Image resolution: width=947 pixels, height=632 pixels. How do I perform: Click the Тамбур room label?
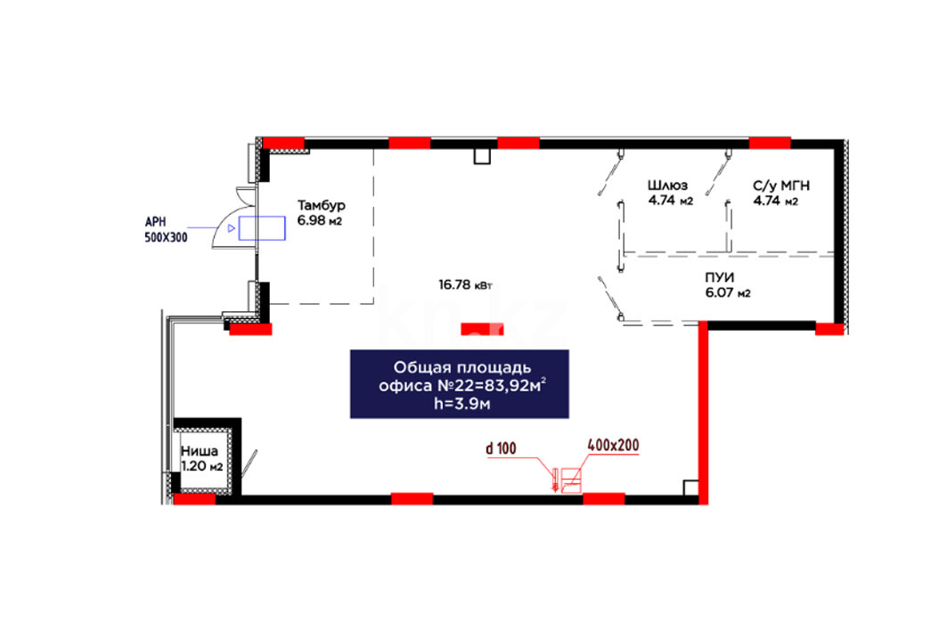pyautogui.click(x=322, y=205)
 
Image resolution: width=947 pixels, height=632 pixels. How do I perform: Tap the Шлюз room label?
pyautogui.click(x=667, y=185)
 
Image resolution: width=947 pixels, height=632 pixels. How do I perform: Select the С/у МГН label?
pyautogui.click(x=781, y=185)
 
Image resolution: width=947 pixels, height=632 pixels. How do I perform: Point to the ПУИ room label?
pyautogui.click(x=719, y=277)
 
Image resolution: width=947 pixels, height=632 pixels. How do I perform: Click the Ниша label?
pyautogui.click(x=200, y=451)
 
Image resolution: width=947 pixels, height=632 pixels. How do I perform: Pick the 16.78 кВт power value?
pyautogui.click(x=465, y=284)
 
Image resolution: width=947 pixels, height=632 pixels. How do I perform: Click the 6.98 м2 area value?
pyautogui.click(x=320, y=220)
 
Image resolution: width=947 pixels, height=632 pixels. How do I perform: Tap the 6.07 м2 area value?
pyautogui.click(x=728, y=293)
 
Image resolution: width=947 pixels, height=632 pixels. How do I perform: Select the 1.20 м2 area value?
pyautogui.click(x=201, y=466)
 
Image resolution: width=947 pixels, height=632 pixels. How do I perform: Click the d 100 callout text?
pyautogui.click(x=502, y=448)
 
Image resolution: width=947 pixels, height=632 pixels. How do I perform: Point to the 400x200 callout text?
pyautogui.click(x=613, y=446)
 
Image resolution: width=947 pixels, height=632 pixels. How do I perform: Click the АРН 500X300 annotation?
pyautogui.click(x=166, y=230)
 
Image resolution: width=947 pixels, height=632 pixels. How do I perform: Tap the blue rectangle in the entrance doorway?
pyautogui.click(x=262, y=228)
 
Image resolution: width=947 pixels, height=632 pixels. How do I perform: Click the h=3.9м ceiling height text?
pyautogui.click(x=462, y=404)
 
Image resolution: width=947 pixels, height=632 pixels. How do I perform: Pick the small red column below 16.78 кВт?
pyautogui.click(x=482, y=329)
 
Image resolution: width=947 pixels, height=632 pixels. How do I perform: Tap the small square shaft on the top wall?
pyautogui.click(x=482, y=156)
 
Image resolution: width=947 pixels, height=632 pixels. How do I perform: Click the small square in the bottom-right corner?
pyautogui.click(x=691, y=488)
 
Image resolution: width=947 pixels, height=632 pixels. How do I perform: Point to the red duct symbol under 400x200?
pyautogui.click(x=571, y=480)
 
